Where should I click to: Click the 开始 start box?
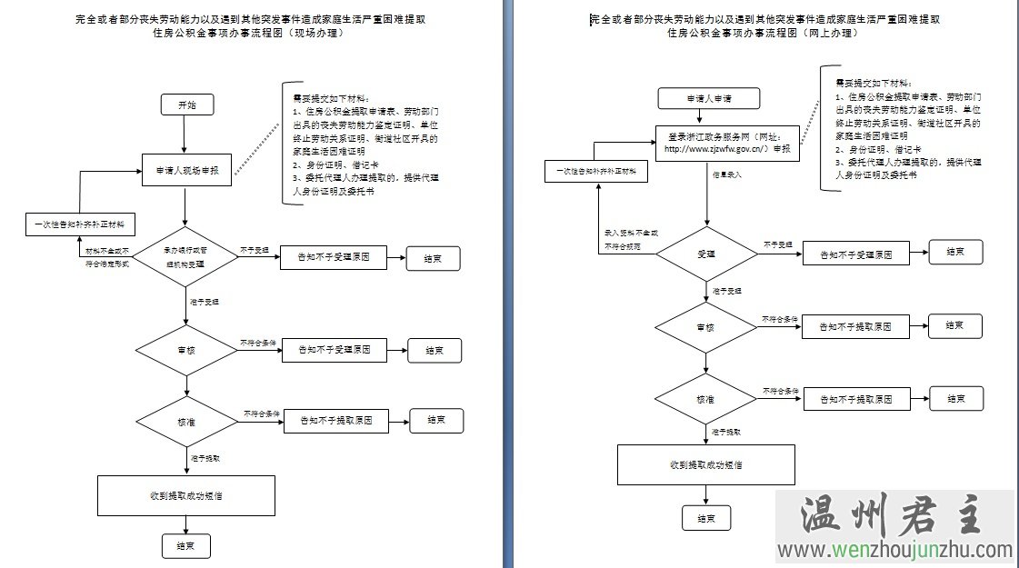(185, 105)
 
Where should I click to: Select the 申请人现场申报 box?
(185, 169)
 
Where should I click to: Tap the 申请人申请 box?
(708, 98)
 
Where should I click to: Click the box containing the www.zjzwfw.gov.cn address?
(726, 143)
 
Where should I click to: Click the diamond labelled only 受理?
(706, 253)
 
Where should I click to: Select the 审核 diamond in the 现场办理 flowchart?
(185, 348)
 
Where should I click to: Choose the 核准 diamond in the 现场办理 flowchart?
(185, 422)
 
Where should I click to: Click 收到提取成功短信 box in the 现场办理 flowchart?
(186, 496)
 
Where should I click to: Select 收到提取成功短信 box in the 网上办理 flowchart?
(706, 464)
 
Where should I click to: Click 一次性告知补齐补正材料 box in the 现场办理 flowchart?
(80, 224)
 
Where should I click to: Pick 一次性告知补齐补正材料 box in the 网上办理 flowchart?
(596, 170)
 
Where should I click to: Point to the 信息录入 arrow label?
(726, 174)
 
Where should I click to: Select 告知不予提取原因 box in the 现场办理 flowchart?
(335, 421)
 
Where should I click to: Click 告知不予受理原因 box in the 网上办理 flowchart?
(855, 254)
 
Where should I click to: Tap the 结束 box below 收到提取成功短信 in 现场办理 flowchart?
(186, 546)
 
